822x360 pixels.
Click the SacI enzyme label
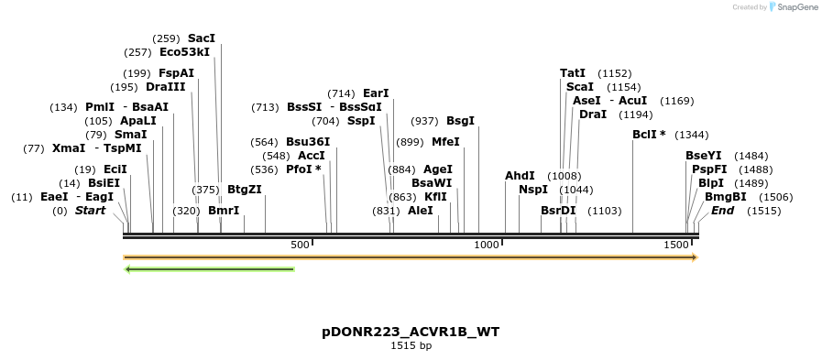(x=201, y=38)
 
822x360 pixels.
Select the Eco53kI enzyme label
(x=184, y=52)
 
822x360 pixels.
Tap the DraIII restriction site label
(x=165, y=87)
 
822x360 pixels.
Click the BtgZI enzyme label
(x=245, y=190)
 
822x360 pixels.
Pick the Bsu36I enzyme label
(x=308, y=142)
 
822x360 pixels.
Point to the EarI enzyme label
(x=376, y=93)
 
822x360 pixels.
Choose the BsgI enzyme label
(x=460, y=121)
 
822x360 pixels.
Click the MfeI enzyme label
(x=445, y=142)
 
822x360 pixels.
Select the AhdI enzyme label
(x=520, y=176)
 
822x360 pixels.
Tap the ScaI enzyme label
(x=580, y=87)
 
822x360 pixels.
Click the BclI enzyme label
(x=649, y=135)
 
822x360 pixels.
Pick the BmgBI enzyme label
(x=725, y=196)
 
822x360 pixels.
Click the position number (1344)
(x=691, y=135)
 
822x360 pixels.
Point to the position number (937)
(x=424, y=121)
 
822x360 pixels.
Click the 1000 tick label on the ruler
(x=487, y=245)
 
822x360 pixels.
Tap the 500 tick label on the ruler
(x=300, y=245)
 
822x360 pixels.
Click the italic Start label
(x=90, y=211)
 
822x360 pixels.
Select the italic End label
(x=722, y=211)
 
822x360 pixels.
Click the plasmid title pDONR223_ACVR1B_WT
(x=411, y=331)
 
